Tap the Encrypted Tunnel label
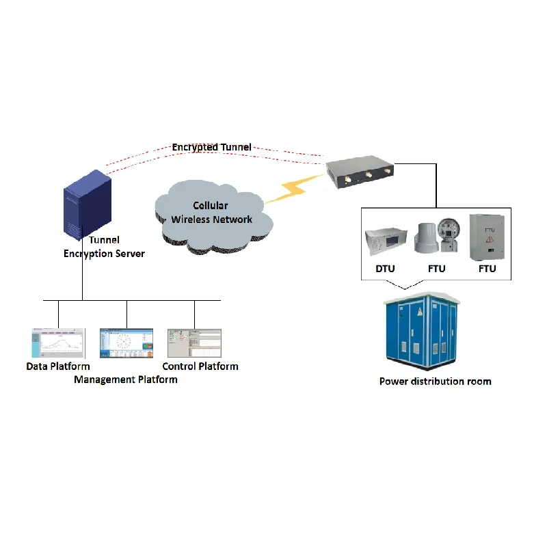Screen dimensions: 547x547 click(x=211, y=147)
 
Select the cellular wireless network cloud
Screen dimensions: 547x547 click(x=212, y=215)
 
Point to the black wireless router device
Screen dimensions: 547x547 click(x=360, y=172)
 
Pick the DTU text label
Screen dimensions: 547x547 click(x=385, y=269)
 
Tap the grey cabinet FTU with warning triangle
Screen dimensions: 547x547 click(x=487, y=237)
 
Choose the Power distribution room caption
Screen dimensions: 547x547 click(x=435, y=381)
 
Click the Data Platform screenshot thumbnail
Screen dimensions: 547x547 click(x=57, y=343)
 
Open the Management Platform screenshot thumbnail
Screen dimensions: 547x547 click(x=127, y=343)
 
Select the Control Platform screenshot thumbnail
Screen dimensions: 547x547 click(x=194, y=343)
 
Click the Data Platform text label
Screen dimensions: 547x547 click(x=58, y=366)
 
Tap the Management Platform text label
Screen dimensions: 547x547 click(x=126, y=379)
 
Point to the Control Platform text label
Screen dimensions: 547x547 click(x=200, y=366)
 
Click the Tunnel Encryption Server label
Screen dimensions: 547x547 click(x=104, y=247)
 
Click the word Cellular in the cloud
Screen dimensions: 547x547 click(x=211, y=206)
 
